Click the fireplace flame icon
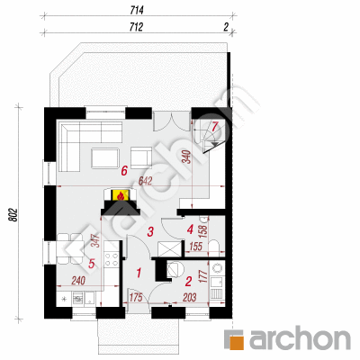click(x=121, y=196)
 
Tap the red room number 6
click(x=124, y=171)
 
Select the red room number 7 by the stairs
click(x=214, y=126)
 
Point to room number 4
click(x=190, y=229)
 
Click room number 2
click(x=188, y=281)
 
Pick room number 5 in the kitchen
click(x=92, y=264)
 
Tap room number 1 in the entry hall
click(x=139, y=273)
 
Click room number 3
click(x=150, y=231)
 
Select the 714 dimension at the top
click(x=137, y=11)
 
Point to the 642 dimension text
click(x=146, y=181)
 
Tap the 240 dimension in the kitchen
click(x=78, y=281)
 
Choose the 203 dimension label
click(x=189, y=297)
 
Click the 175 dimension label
click(x=135, y=297)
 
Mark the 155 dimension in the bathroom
click(x=196, y=247)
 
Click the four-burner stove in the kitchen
click(x=111, y=259)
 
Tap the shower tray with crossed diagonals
click(x=170, y=248)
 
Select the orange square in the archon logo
click(x=237, y=340)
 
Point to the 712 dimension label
click(x=136, y=27)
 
